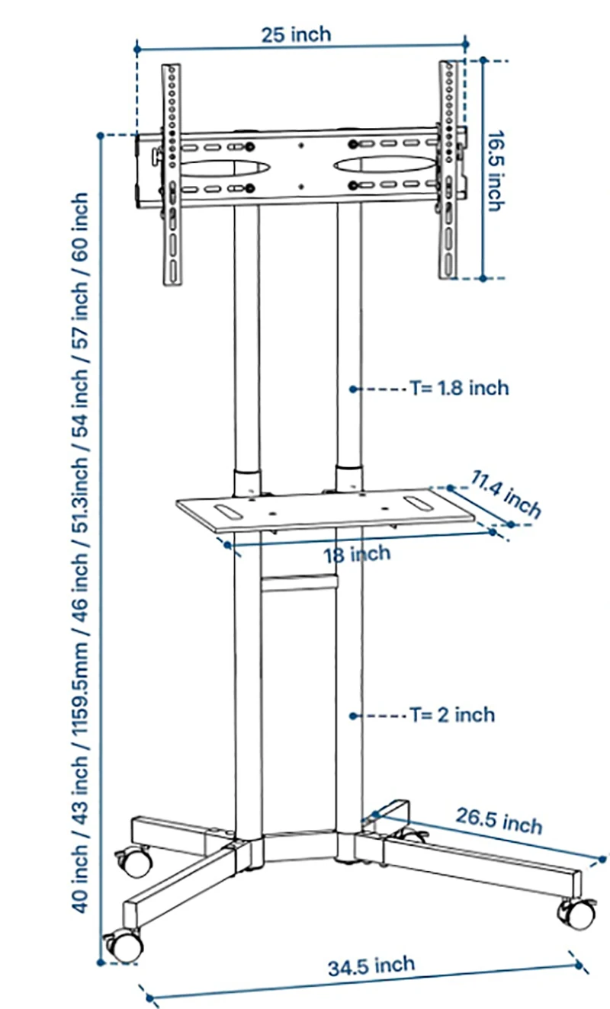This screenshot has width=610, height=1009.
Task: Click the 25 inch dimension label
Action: (296, 35)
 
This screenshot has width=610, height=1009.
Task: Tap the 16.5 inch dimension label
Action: (496, 171)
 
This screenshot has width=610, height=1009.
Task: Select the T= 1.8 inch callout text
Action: (460, 389)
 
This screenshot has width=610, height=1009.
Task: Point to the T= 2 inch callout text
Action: (452, 716)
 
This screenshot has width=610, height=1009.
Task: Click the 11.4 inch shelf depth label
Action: (506, 494)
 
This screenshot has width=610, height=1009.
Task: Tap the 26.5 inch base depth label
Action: (499, 822)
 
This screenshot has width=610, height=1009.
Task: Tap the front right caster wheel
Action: (577, 914)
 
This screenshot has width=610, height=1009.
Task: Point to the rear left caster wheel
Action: (135, 861)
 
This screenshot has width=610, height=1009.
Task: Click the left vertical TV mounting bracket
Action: (172, 175)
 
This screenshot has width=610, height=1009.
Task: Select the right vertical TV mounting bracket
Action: (448, 170)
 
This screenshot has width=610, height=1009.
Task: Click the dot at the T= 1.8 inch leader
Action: (354, 389)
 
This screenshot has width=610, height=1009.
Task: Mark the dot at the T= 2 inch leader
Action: (354, 716)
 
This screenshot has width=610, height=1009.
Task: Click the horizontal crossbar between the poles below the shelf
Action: (299, 583)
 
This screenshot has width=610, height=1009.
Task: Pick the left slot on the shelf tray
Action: (228, 511)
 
